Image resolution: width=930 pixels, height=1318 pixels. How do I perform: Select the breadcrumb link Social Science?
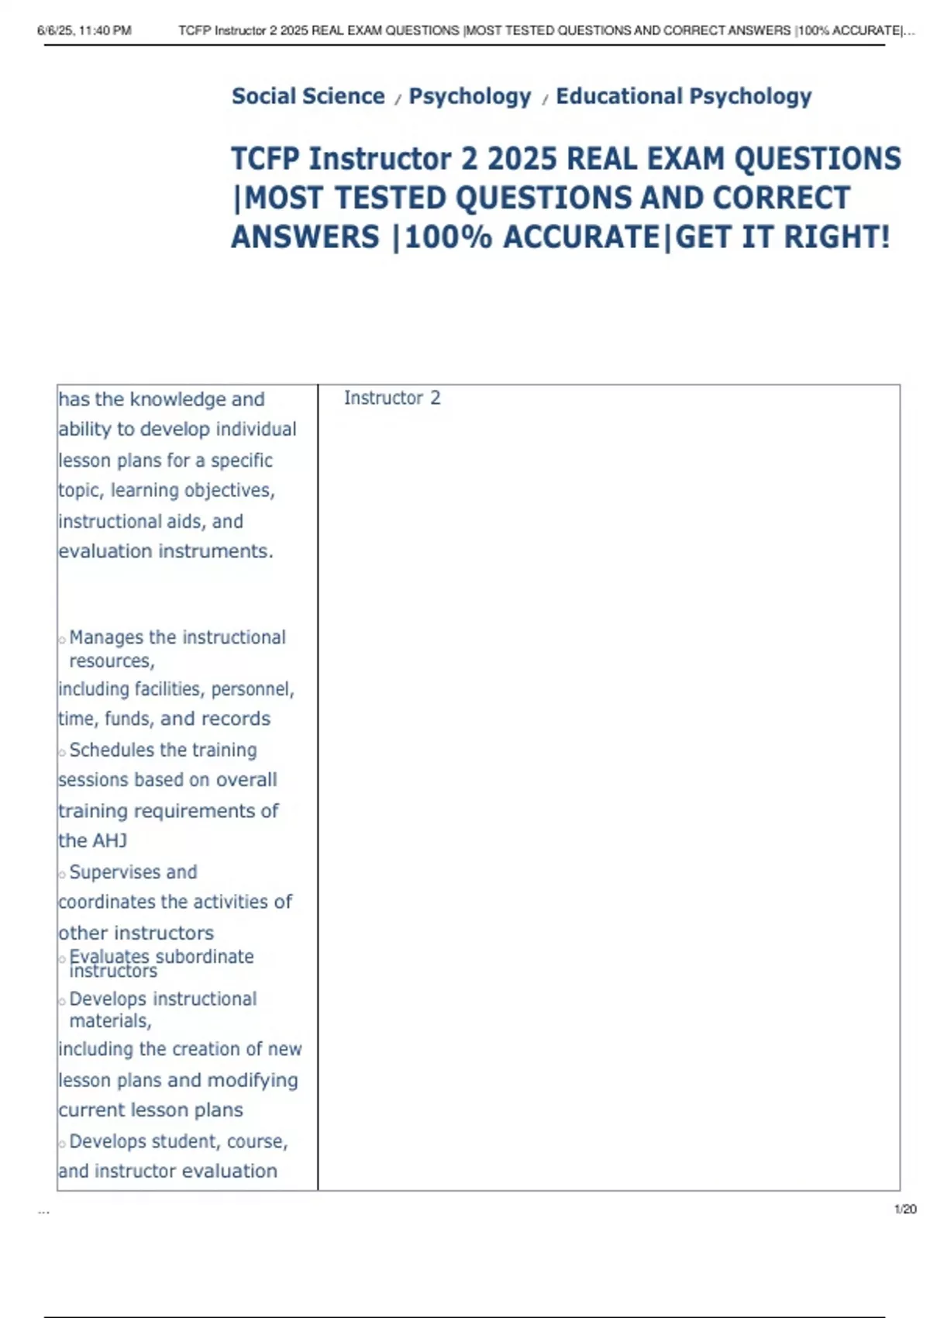pos(308,96)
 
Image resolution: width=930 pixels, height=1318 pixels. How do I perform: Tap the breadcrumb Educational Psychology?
pos(684,96)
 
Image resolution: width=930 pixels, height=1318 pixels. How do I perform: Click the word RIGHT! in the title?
pos(837,237)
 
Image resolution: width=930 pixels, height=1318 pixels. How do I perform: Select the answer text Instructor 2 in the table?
pos(392,399)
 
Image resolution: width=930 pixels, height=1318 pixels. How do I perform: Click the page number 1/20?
pos(905,1209)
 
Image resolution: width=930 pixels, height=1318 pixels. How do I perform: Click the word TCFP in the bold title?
pos(265,159)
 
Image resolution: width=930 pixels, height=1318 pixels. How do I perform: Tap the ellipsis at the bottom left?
pos(43,1211)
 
